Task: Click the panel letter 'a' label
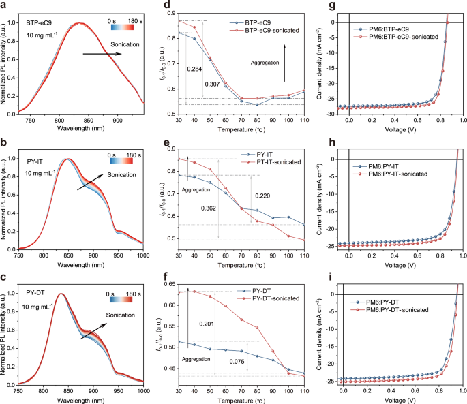[5, 6]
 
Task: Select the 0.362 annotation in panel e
[210, 208]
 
